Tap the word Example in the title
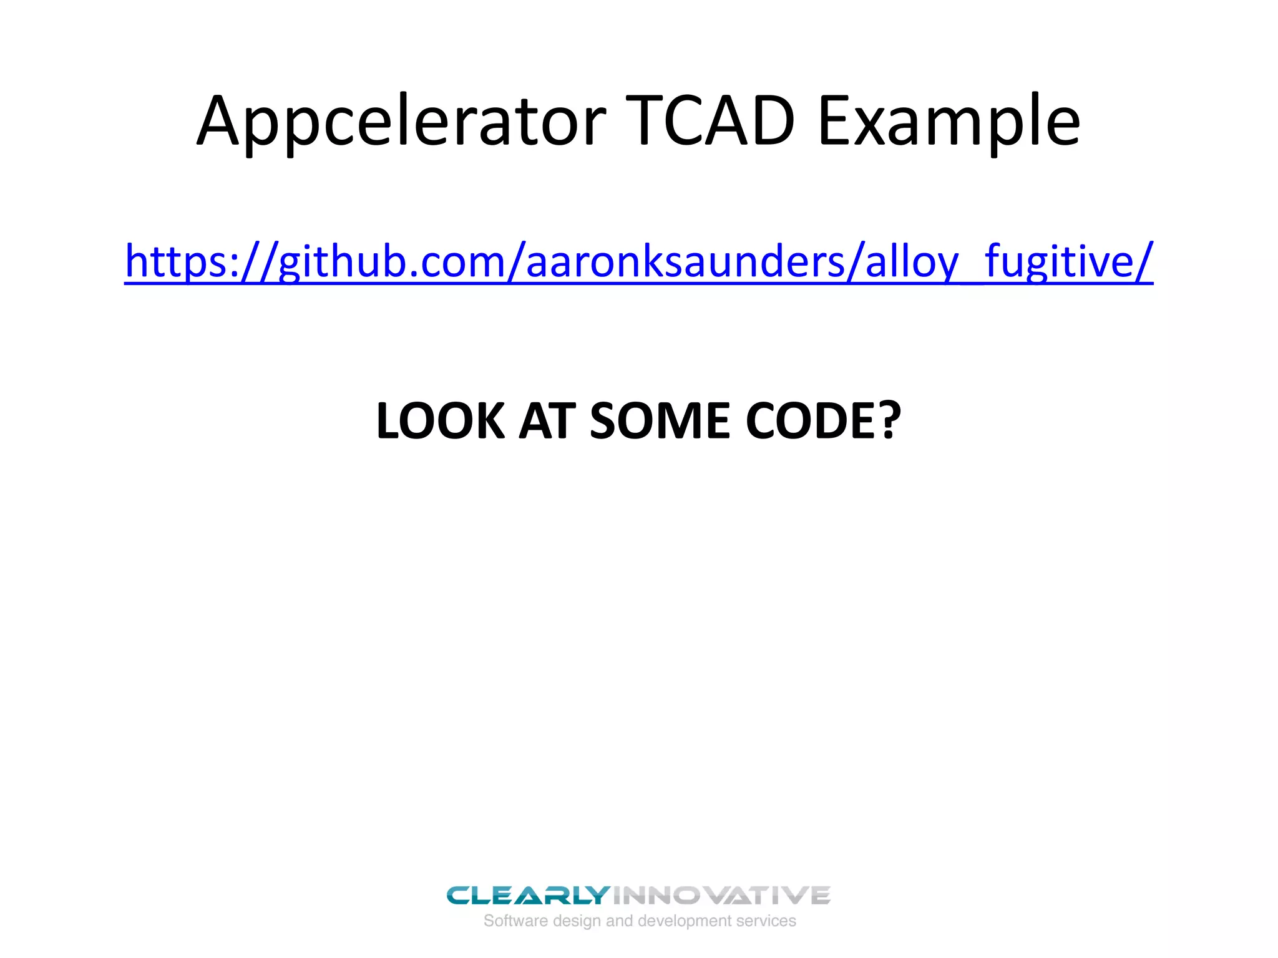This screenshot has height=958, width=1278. point(949,122)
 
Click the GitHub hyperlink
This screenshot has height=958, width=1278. point(639,261)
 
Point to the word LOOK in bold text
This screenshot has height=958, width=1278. point(440,421)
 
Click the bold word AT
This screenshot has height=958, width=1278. point(547,421)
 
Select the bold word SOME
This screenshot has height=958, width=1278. point(660,421)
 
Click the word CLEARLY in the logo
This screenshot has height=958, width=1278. point(528,896)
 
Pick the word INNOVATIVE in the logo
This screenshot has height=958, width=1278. point(721,896)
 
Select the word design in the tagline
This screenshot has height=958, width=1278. point(577,922)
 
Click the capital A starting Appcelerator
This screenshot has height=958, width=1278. point(218,122)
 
